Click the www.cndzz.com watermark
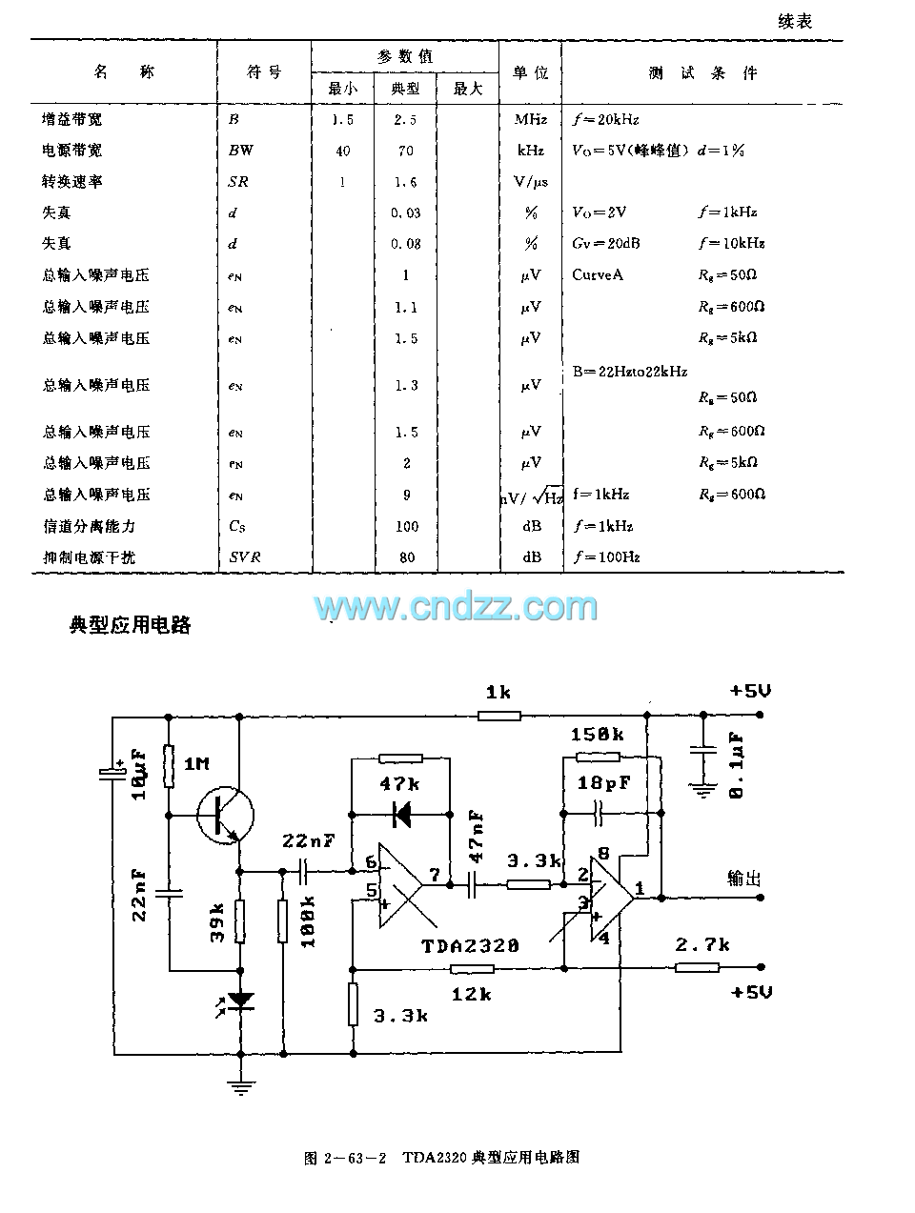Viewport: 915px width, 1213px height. pyautogui.click(x=456, y=606)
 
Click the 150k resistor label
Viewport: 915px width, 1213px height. pyautogui.click(x=598, y=734)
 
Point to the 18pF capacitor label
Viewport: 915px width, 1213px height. pyautogui.click(x=604, y=783)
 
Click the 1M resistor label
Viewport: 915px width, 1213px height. pyautogui.click(x=196, y=764)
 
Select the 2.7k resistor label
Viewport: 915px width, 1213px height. pyautogui.click(x=702, y=944)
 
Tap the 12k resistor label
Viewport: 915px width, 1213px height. pyautogui.click(x=471, y=993)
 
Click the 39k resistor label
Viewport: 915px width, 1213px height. pyautogui.click(x=217, y=922)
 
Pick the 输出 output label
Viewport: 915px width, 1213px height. pyautogui.click(x=744, y=878)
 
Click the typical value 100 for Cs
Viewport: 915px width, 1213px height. pyautogui.click(x=406, y=526)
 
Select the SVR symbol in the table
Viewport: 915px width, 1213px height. pyautogui.click(x=245, y=557)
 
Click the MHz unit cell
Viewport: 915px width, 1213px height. pyautogui.click(x=531, y=119)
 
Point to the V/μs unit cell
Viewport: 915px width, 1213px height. pyautogui.click(x=531, y=181)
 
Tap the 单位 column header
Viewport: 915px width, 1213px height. pyautogui.click(x=531, y=73)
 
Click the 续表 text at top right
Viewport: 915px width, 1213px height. pyautogui.click(x=794, y=21)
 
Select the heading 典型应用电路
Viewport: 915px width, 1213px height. pyautogui.click(x=131, y=625)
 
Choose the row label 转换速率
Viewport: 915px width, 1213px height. pyautogui.click(x=71, y=181)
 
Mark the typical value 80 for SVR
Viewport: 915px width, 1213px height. pyautogui.click(x=407, y=557)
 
